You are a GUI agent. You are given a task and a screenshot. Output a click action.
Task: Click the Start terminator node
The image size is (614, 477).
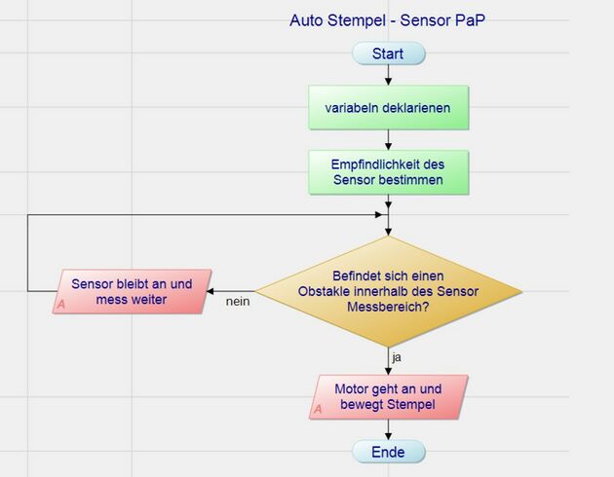[388, 54]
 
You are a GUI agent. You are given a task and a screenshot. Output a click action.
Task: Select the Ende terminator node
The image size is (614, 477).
[388, 452]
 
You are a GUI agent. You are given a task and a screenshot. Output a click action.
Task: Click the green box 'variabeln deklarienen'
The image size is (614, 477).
[388, 108]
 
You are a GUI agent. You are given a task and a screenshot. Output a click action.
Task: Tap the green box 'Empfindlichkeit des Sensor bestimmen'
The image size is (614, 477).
[388, 171]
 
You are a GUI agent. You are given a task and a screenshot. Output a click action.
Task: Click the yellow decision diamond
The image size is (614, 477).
[388, 291]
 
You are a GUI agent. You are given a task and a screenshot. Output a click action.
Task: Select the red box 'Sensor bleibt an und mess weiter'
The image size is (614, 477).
[132, 292]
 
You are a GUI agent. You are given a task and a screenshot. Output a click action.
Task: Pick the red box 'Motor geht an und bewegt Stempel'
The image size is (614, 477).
[388, 397]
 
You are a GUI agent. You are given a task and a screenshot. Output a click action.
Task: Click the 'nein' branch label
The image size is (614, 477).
[238, 302]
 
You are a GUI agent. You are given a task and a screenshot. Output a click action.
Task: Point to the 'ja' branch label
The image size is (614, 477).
[397, 357]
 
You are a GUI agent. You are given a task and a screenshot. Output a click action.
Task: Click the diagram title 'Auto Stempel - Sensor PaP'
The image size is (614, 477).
[387, 19]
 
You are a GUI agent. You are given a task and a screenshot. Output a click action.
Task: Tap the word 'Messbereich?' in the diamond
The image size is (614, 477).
[389, 306]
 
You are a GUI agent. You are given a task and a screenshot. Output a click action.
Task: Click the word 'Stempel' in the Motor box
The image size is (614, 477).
[411, 404]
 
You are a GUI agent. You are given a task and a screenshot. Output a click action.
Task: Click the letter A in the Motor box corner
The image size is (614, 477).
[318, 410]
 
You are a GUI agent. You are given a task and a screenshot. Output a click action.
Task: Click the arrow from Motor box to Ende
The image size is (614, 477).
[388, 430]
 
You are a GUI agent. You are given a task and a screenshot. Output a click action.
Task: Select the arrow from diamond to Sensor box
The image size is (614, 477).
[232, 291]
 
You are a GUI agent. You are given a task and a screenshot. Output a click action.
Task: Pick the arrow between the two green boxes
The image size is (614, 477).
[388, 140]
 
